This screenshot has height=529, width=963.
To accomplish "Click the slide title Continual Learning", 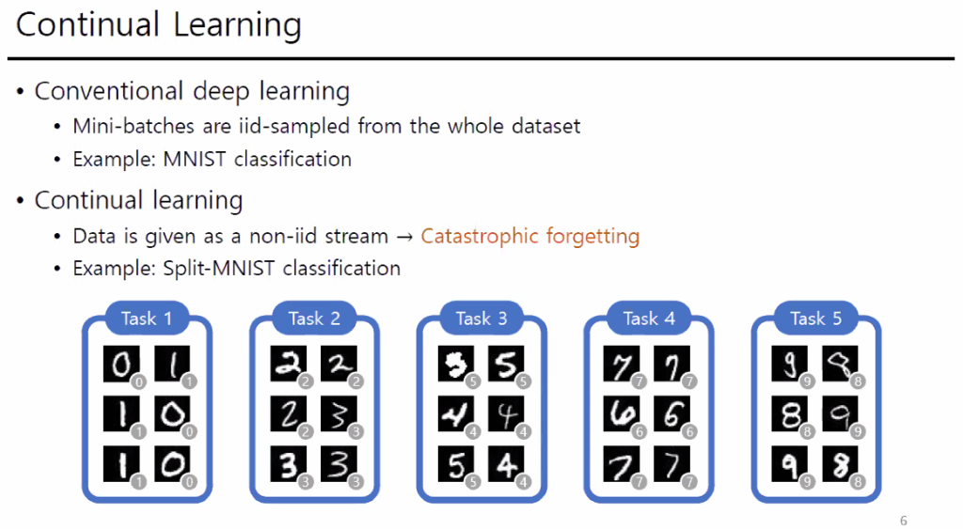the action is tap(158, 25).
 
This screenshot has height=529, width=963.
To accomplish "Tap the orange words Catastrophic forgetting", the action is tap(530, 236).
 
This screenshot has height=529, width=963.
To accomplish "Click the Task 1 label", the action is tap(147, 319).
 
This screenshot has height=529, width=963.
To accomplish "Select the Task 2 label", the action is tap(314, 319).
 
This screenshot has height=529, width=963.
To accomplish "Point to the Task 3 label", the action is tap(481, 319).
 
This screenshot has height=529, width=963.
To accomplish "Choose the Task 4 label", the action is tap(649, 319).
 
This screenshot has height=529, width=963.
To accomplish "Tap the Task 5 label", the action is tap(815, 319).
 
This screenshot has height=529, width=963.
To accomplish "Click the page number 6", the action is tap(904, 521).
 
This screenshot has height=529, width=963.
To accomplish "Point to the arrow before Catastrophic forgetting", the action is tap(404, 237).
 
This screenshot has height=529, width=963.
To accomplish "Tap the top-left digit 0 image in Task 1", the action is tap(121, 364).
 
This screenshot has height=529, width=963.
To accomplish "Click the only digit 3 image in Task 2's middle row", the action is tap(339, 413).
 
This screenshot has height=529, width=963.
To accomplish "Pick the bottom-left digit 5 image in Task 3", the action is tap(456, 464).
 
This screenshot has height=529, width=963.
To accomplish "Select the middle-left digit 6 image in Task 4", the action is tap(622, 413).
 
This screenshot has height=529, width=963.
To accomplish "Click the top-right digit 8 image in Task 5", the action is tap(840, 364).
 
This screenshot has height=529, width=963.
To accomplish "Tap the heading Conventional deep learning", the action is tap(192, 91).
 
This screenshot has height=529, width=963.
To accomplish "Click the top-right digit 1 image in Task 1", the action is tap(172, 364).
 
